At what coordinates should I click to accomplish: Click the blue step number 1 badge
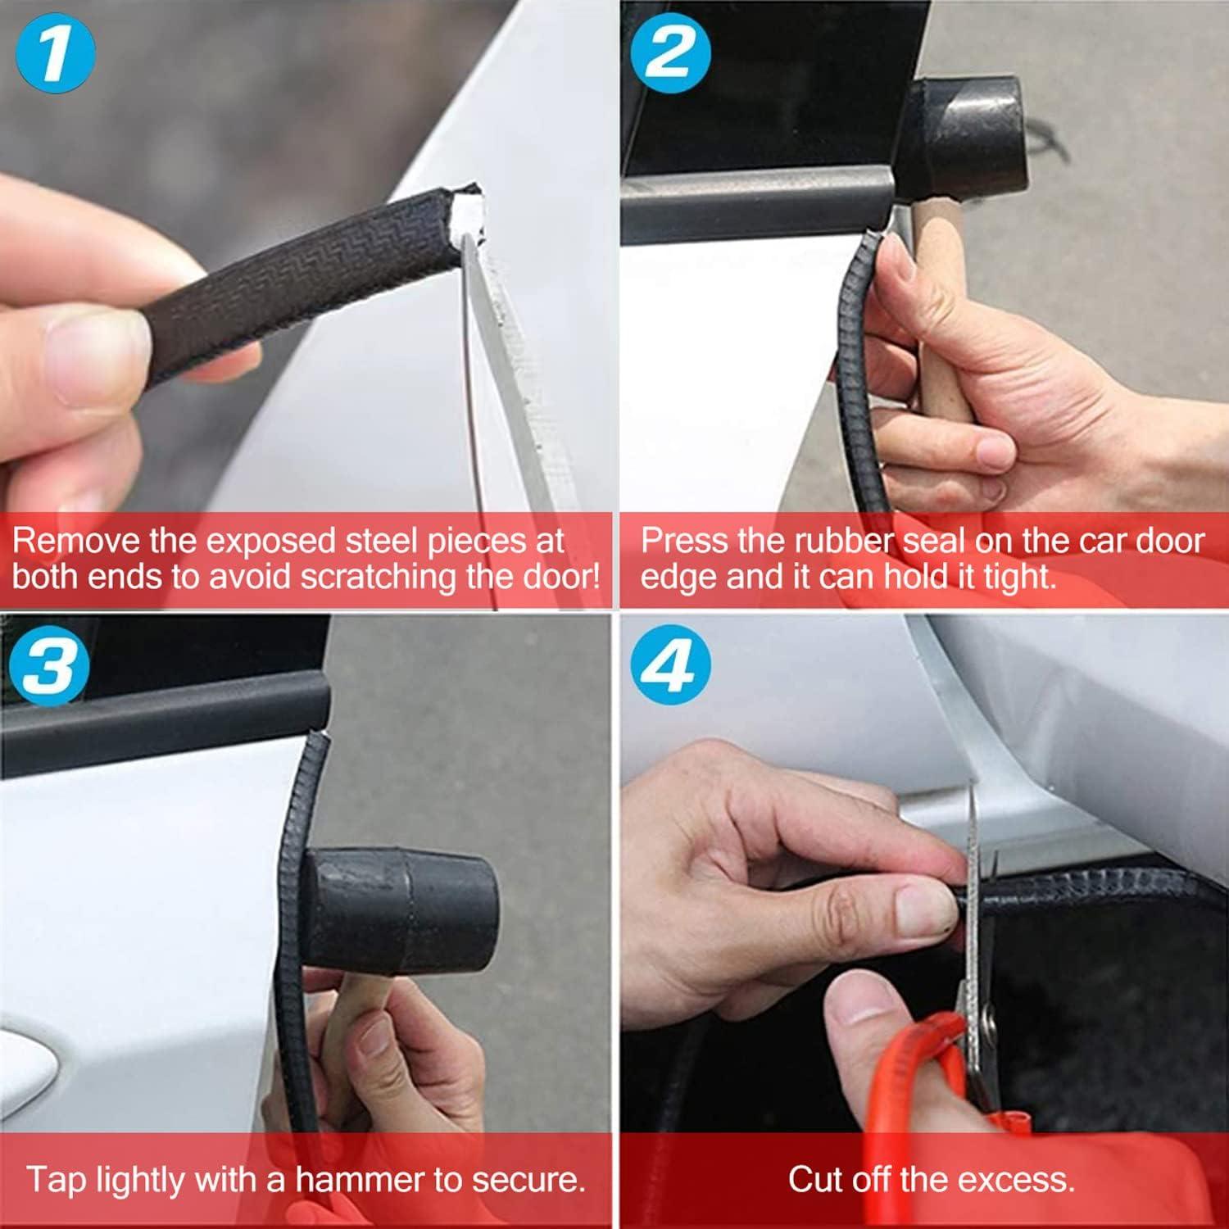54,53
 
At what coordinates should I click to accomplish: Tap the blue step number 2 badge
669,53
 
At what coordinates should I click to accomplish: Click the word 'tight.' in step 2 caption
1020,577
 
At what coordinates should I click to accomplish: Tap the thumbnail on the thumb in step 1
98,361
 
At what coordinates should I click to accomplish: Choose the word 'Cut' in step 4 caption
815,1180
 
